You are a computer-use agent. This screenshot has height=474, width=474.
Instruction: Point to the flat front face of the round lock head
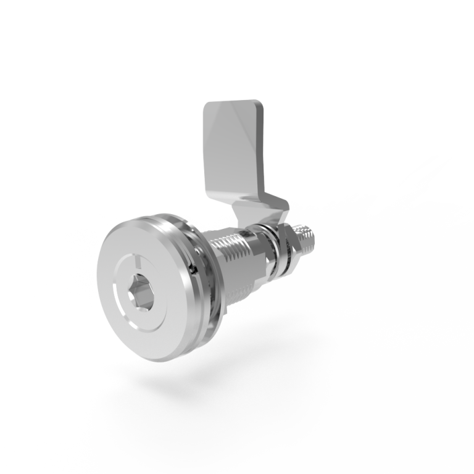123,259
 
